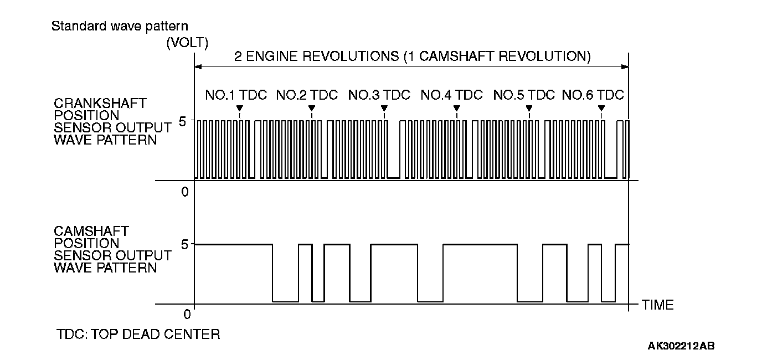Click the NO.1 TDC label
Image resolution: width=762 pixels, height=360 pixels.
[236, 95]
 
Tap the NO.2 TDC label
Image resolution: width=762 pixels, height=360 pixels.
[307, 95]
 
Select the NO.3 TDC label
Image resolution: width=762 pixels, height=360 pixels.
[379, 95]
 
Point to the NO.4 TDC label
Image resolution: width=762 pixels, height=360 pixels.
[451, 95]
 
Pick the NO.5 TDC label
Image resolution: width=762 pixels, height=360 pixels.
[524, 95]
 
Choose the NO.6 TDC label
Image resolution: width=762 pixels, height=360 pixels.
[593, 95]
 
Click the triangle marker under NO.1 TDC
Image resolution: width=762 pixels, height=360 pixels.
[239, 108]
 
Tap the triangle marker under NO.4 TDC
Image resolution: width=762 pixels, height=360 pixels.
[456, 108]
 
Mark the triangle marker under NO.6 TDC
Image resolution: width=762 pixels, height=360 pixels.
[601, 108]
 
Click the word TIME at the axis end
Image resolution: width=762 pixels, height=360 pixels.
[658, 305]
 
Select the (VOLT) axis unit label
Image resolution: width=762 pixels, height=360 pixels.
[187, 44]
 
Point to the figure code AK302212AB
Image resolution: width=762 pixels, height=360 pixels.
[681, 346]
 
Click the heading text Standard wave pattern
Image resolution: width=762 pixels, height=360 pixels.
[120, 26]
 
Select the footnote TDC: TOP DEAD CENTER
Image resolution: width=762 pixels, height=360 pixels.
[138, 335]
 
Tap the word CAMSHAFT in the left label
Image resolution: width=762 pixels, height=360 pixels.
[91, 231]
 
